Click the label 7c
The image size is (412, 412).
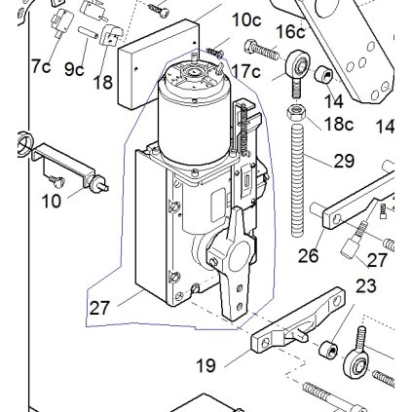pos(40,66)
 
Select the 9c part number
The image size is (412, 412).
pos(74,69)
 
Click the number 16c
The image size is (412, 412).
pos(289,32)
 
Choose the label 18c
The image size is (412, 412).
pos(336,124)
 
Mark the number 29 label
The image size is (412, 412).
pos(343,161)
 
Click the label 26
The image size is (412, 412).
pos(309,258)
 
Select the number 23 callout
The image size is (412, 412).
pos(365,286)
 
